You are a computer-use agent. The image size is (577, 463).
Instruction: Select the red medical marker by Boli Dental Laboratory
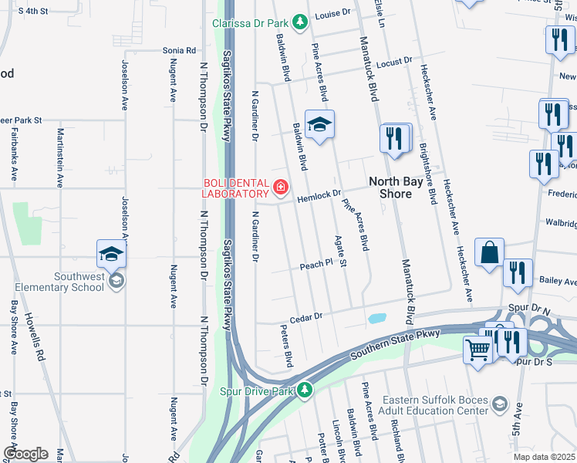click(x=280, y=187)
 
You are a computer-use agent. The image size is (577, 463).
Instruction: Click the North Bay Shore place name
click(x=400, y=188)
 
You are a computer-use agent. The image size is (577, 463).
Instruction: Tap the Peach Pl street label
click(x=315, y=265)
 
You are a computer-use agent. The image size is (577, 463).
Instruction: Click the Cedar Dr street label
click(x=305, y=317)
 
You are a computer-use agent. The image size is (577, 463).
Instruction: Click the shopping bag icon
click(x=489, y=252)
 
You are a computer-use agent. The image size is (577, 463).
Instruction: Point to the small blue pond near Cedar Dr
click(x=376, y=318)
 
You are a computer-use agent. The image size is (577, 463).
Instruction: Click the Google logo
click(x=25, y=454)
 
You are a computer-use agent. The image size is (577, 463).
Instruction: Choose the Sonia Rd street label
click(x=178, y=50)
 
